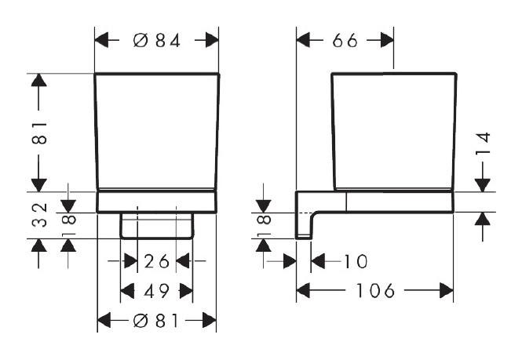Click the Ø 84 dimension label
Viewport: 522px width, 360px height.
coord(157,41)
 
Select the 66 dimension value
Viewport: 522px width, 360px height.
coord(345,41)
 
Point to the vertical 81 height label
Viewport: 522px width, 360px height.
coord(39,133)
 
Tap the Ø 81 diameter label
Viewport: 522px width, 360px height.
coord(155,321)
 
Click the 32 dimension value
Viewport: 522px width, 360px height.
coord(39,215)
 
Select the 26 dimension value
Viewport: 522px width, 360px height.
coord(156,261)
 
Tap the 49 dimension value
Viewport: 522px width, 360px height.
coord(156,291)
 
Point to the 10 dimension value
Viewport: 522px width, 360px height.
coord(356,261)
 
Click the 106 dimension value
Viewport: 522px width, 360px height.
coord(375,291)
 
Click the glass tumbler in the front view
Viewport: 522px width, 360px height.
coord(157,131)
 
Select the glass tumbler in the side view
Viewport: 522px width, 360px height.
coord(394,131)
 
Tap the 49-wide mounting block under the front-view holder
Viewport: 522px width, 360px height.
coord(157,226)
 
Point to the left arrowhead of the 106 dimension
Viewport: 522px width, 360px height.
coord(303,291)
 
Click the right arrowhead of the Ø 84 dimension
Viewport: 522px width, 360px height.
coord(212,40)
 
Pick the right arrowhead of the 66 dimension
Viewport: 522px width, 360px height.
coord(387,40)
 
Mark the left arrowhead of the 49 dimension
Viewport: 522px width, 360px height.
coord(127,291)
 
